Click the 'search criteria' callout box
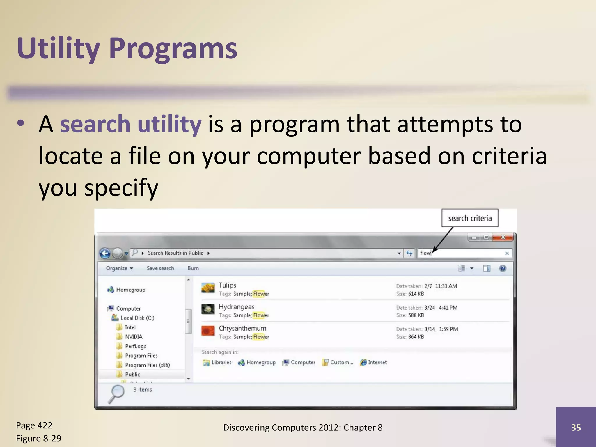pyautogui.click(x=470, y=218)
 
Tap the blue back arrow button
pyautogui.click(x=105, y=253)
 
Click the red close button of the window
pyautogui.click(x=503, y=237)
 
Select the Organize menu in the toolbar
pyautogui.click(x=119, y=268)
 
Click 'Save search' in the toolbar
pyautogui.click(x=160, y=268)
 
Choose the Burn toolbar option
pyautogui.click(x=193, y=268)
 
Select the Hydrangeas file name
pyautogui.click(x=236, y=307)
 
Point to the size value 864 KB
pyautogui.click(x=416, y=337)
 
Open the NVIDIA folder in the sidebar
pyautogui.click(x=134, y=337)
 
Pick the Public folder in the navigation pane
pyautogui.click(x=132, y=374)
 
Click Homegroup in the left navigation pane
pyautogui.click(x=130, y=290)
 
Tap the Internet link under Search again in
pyautogui.click(x=377, y=362)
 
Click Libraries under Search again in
pyautogui.click(x=221, y=362)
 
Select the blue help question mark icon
pyautogui.click(x=503, y=268)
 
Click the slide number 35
pyautogui.click(x=576, y=427)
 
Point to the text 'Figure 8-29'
pyautogui.click(x=39, y=438)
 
